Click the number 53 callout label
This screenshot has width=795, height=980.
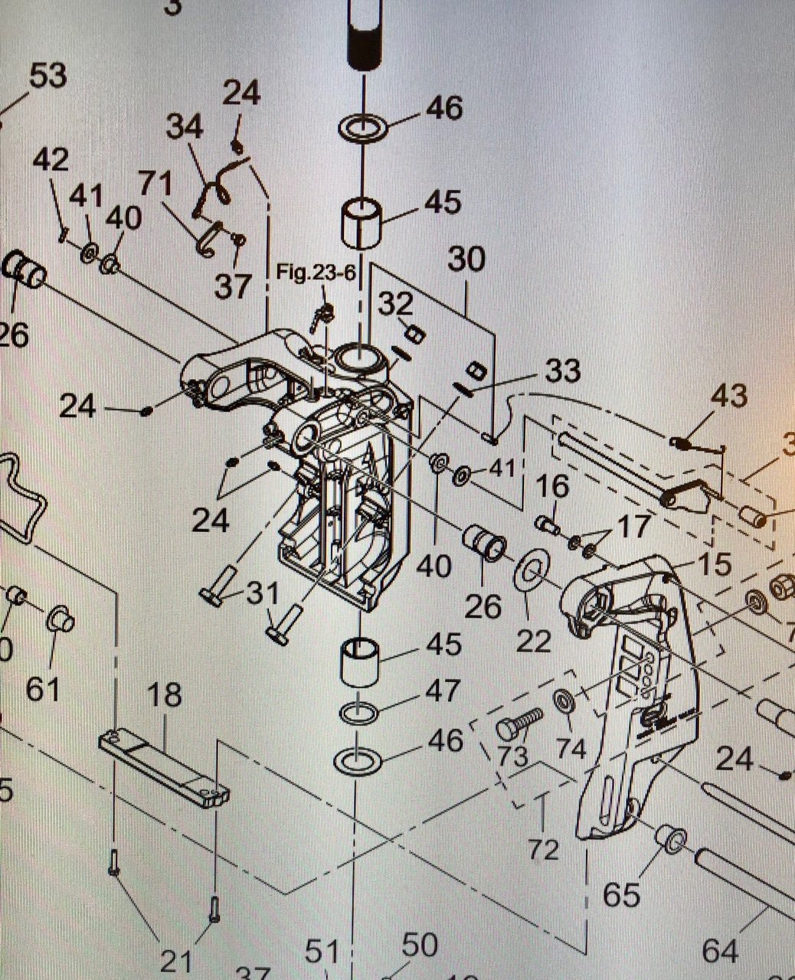47,77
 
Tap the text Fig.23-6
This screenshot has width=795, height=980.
316,274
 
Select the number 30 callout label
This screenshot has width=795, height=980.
466,260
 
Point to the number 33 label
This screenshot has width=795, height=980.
562,372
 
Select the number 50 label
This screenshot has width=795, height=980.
420,945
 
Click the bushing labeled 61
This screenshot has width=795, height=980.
61,619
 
